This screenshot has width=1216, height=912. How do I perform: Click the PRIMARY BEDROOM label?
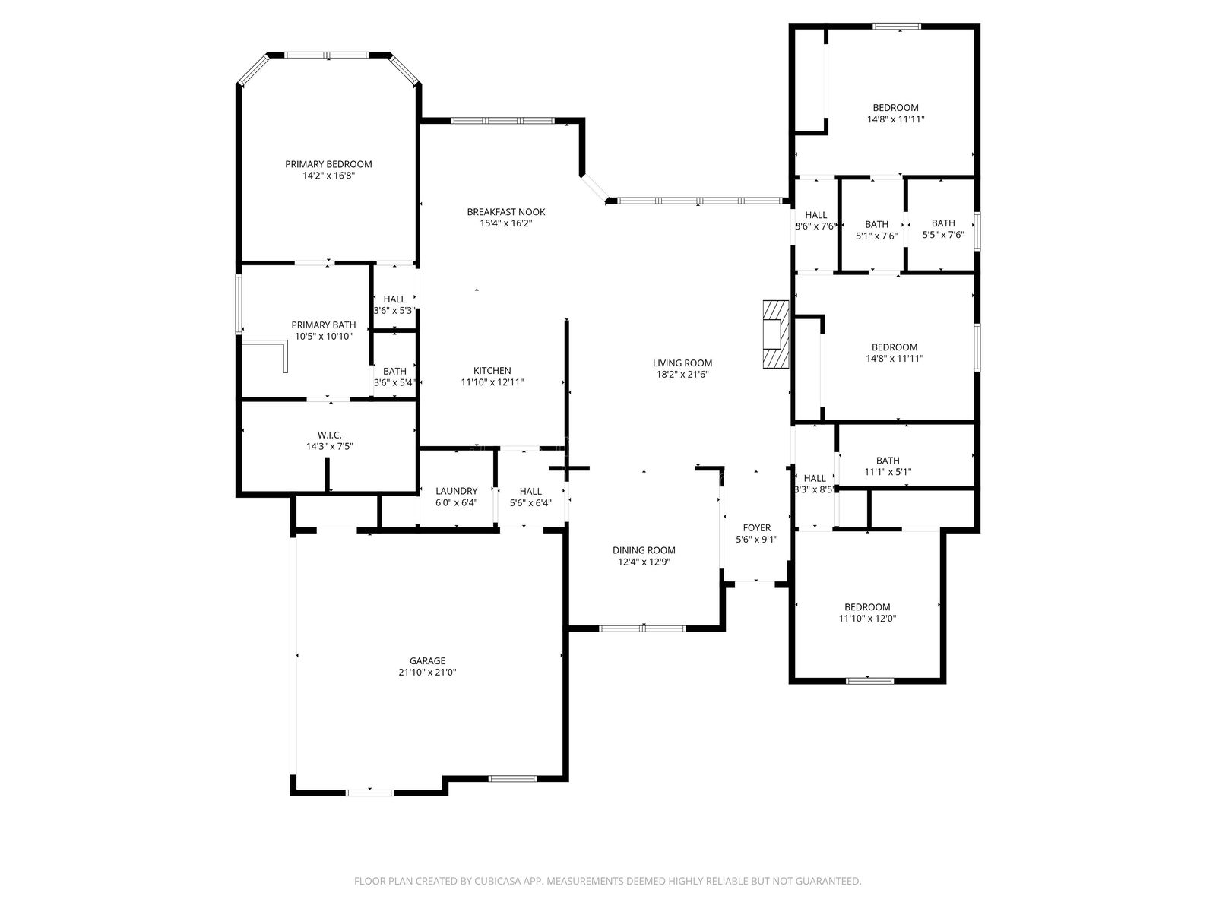(x=328, y=164)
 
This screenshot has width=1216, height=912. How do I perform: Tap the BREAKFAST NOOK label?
(x=506, y=212)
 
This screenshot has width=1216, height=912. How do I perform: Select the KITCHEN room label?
(x=492, y=371)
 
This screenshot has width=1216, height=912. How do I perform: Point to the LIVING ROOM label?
(x=682, y=363)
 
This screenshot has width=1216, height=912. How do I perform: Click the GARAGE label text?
(x=427, y=661)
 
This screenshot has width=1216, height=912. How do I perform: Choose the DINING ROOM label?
(x=644, y=550)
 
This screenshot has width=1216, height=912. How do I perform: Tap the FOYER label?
(x=756, y=528)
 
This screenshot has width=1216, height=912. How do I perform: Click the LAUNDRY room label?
(x=456, y=491)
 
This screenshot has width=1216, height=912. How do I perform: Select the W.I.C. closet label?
(x=329, y=435)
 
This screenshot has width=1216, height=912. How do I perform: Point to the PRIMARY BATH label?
(x=324, y=325)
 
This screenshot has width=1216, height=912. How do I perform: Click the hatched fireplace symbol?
(x=776, y=334)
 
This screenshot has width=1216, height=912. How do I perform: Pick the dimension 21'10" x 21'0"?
(x=427, y=673)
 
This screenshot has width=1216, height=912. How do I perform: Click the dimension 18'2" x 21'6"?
(x=682, y=375)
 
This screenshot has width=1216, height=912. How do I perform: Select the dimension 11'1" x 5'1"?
(x=888, y=472)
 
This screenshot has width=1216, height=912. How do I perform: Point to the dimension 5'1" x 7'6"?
(x=876, y=236)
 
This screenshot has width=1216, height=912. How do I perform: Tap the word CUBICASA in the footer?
(x=498, y=881)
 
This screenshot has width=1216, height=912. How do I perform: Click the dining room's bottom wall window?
(x=643, y=629)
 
